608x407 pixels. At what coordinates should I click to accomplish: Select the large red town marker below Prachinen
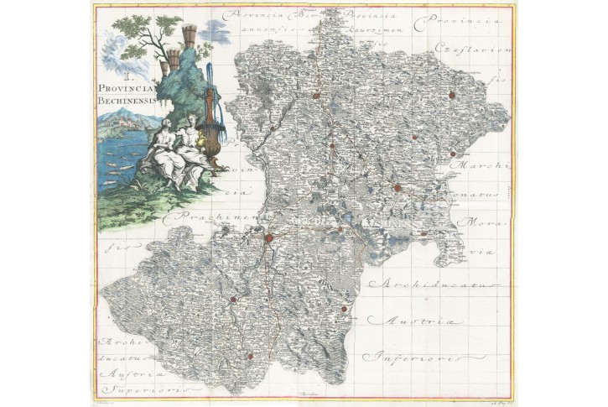[x=269, y=238]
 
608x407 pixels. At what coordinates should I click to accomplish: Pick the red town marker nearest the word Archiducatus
[x=344, y=312]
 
